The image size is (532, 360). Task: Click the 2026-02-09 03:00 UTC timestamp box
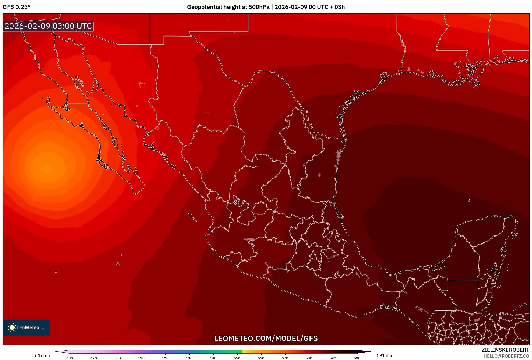tap(48, 26)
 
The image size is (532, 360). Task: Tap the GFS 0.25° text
tap(17, 7)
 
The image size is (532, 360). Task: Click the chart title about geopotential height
tap(266, 7)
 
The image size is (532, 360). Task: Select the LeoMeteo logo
tap(26, 327)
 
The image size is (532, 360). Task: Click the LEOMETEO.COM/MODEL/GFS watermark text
tap(266, 338)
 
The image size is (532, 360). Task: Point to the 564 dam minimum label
tap(41, 355)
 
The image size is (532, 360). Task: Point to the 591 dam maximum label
tap(386, 355)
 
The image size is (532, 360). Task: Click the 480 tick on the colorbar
tap(70, 358)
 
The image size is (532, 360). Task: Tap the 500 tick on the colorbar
tap(118, 358)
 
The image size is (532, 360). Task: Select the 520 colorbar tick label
tap(165, 358)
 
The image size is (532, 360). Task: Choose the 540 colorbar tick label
tap(213, 358)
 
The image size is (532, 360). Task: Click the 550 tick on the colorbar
tap(237, 358)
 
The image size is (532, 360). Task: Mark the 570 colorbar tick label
tap(285, 358)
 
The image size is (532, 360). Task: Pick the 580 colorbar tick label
tap(309, 358)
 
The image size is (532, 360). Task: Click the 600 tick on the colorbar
tap(357, 358)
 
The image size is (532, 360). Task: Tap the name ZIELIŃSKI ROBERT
tap(505, 350)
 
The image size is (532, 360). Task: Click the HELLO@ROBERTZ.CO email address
tap(506, 356)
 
